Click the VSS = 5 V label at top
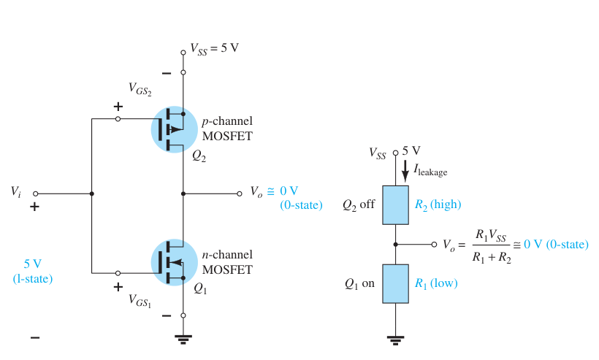(214, 49)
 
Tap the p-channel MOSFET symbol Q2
(174, 129)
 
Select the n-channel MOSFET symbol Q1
(174, 262)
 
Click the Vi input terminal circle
(36, 194)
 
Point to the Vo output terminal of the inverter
(240, 194)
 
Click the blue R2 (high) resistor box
(395, 205)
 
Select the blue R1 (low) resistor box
(395, 283)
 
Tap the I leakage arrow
(405, 171)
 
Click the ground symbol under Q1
(183, 339)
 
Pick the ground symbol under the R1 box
(395, 340)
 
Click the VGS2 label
(140, 89)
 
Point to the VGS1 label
(140, 300)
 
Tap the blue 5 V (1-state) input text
(33, 271)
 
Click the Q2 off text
(359, 204)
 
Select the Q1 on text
(359, 283)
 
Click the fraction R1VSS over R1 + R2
(492, 246)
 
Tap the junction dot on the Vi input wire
(92, 194)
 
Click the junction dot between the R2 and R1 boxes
(395, 245)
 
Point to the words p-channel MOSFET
(227, 129)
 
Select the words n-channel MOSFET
(227, 262)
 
